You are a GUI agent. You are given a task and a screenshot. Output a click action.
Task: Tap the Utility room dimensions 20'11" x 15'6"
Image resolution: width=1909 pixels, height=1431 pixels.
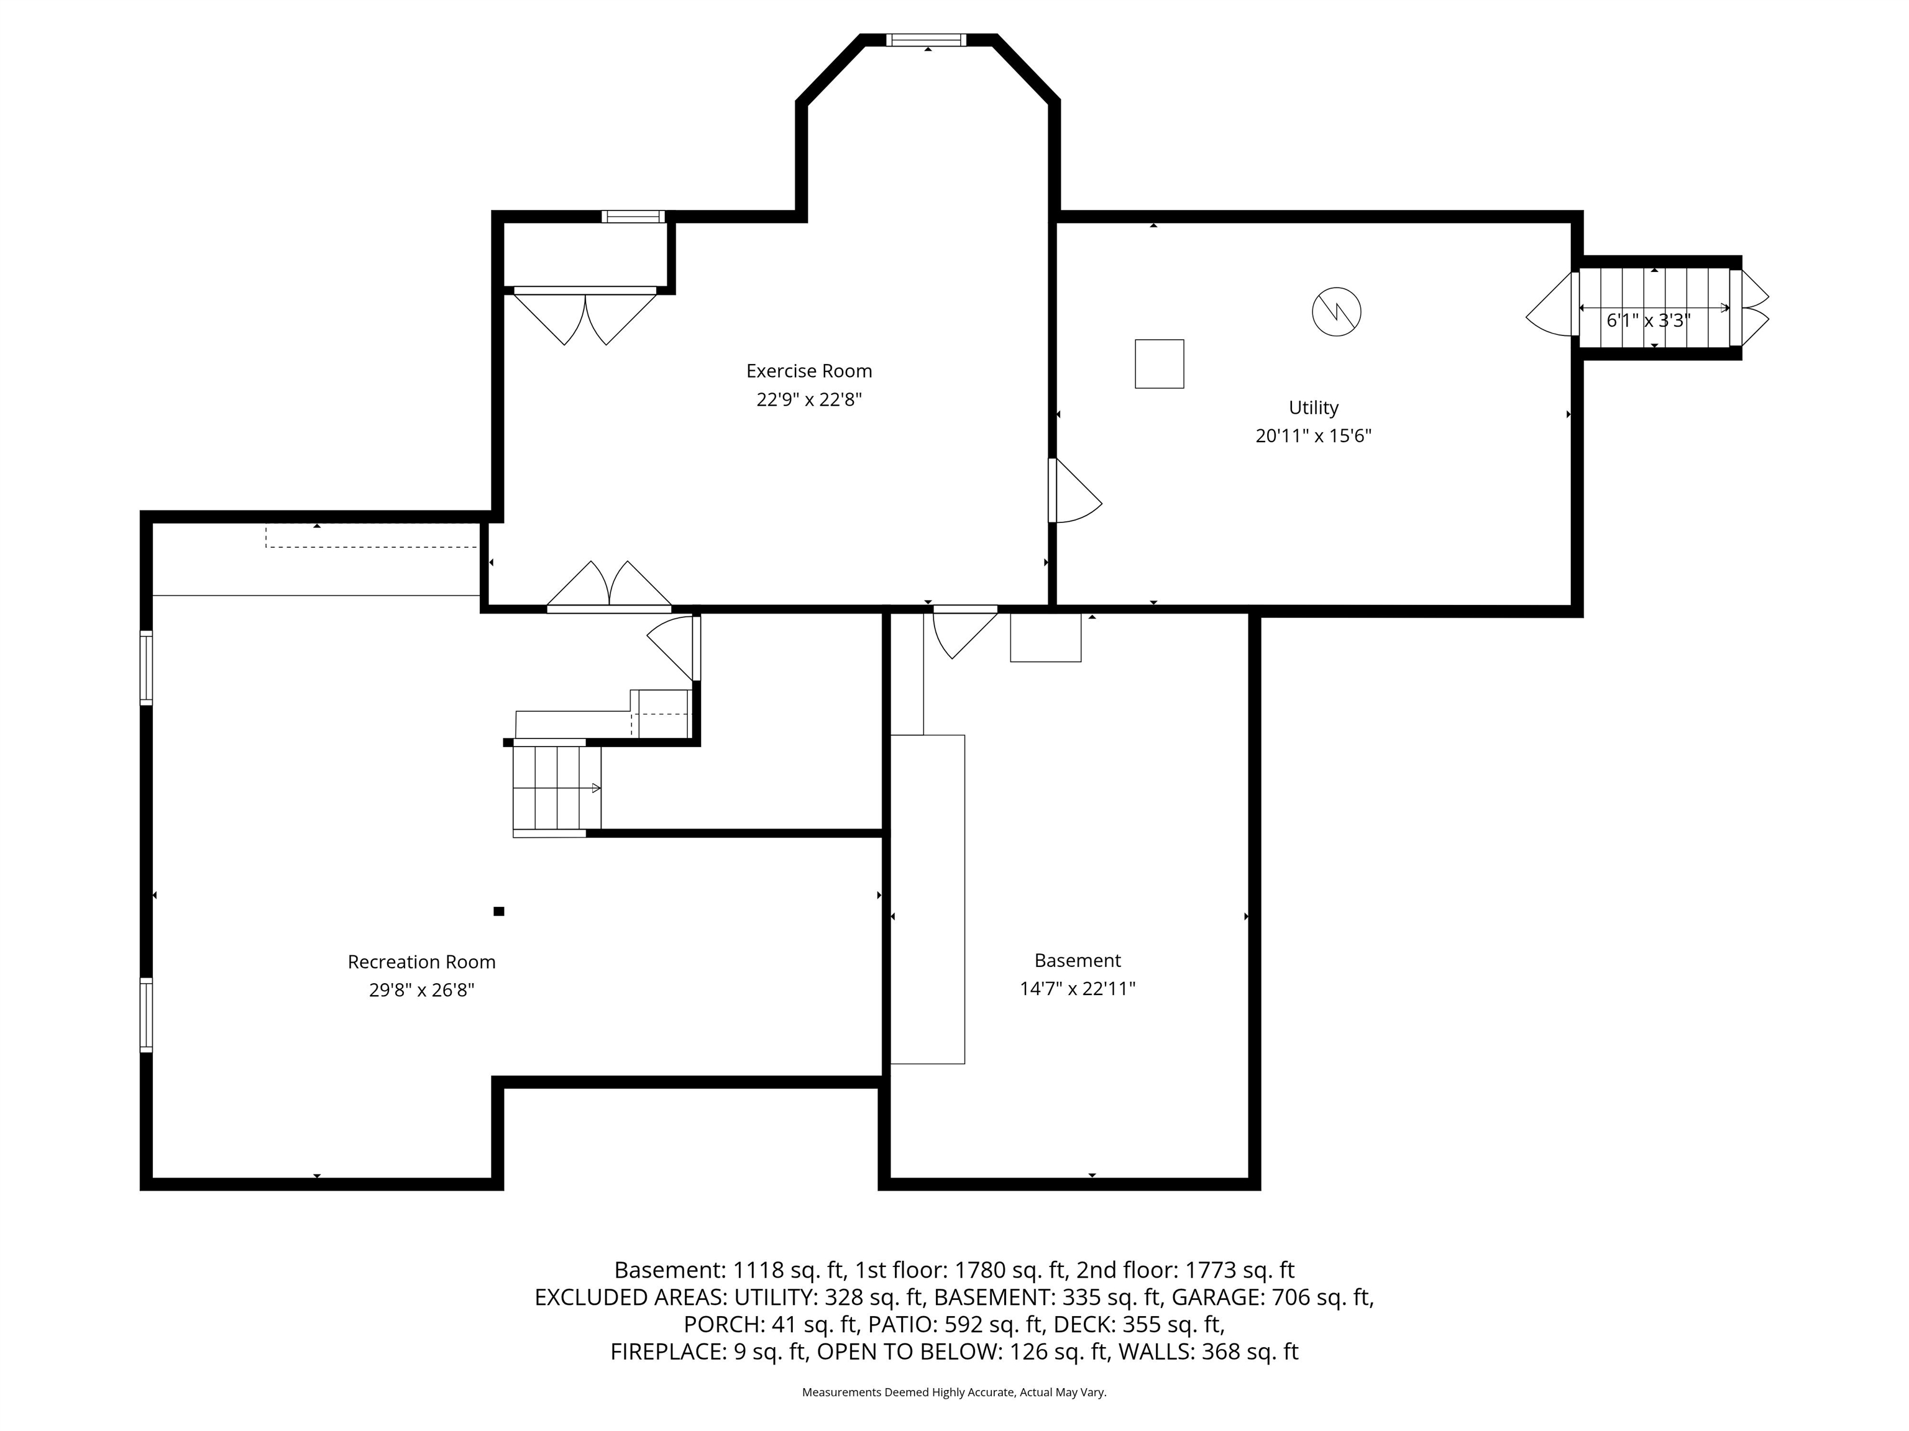[1314, 435]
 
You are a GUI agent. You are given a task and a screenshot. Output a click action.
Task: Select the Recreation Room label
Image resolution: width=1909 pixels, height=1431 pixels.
[421, 961]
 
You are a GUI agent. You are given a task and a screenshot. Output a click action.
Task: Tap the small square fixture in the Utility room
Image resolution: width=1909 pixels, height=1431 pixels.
[1159, 364]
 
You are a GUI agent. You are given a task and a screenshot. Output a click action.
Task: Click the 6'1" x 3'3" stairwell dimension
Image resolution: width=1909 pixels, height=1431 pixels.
[1647, 321]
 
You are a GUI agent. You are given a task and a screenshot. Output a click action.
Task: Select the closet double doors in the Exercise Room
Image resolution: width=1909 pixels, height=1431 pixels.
[585, 317]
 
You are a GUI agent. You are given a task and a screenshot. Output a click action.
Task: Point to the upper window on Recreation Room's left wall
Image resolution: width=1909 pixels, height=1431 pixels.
[147, 668]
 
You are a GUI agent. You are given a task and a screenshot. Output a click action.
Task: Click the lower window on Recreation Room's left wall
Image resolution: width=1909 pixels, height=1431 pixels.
[147, 1015]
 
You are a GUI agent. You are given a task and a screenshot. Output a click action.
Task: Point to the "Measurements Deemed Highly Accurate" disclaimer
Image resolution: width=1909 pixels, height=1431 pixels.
[908, 1391]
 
